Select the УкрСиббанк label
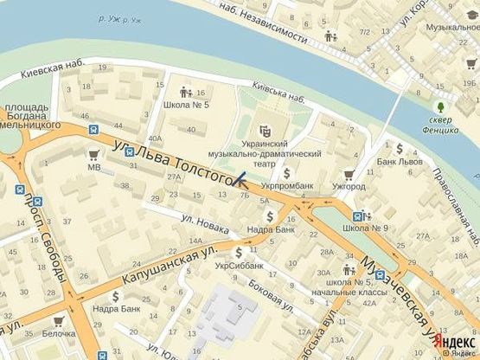coord(238,266)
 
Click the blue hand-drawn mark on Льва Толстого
coord(237,180)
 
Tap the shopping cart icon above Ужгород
coord(349,173)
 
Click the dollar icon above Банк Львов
coord(400,147)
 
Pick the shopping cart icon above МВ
coord(93,153)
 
